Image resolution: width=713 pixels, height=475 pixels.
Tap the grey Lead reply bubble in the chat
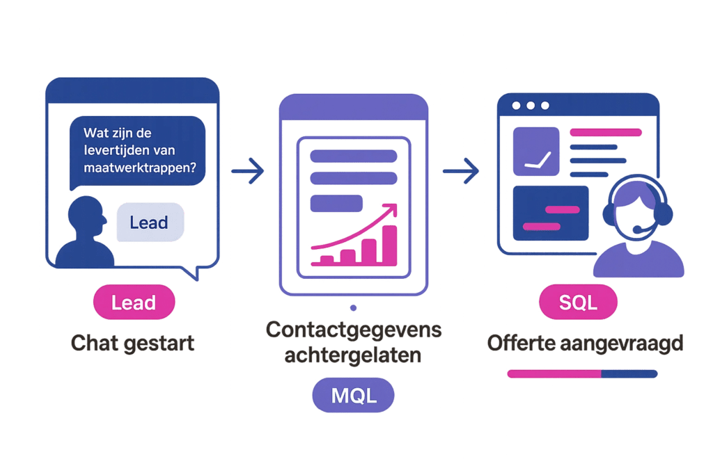pyautogui.click(x=150, y=223)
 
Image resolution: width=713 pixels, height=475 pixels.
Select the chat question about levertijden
pyautogui.click(x=138, y=150)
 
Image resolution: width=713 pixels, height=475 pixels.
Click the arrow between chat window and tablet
pyautogui.click(x=248, y=171)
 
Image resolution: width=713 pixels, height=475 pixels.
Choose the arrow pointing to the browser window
pyautogui.click(x=461, y=171)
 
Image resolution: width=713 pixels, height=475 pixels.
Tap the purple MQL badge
pyautogui.click(x=353, y=396)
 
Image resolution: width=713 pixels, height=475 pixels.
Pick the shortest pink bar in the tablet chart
pyautogui.click(x=325, y=260)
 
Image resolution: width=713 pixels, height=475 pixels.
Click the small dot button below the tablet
pyautogui.click(x=354, y=307)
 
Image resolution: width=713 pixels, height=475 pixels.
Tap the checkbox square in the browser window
pyautogui.click(x=535, y=150)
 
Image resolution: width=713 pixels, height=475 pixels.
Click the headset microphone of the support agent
pyautogui.click(x=637, y=229)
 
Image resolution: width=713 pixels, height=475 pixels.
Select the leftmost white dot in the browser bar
pyautogui.click(x=516, y=106)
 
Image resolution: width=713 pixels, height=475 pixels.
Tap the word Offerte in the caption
pyautogui.click(x=522, y=343)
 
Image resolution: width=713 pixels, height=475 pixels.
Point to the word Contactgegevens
pyautogui.click(x=354, y=330)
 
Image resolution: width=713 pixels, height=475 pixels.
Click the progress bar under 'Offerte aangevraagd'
pyautogui.click(x=581, y=373)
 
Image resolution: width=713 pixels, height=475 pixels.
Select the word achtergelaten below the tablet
pyautogui.click(x=354, y=355)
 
